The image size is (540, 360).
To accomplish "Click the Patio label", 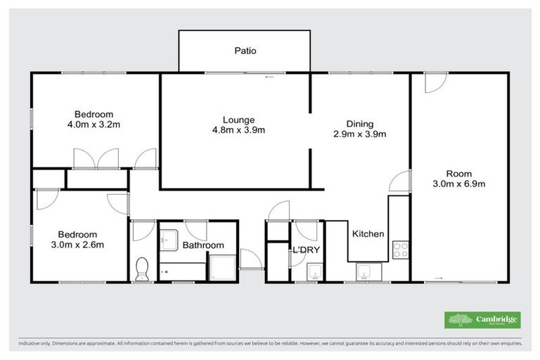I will click(x=245, y=51).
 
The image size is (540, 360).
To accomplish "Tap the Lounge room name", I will click(x=238, y=120).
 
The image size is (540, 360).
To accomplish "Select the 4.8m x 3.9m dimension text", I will click(x=238, y=130).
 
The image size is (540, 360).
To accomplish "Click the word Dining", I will click(x=360, y=123).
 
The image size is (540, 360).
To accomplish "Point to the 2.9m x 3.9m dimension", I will click(x=360, y=134).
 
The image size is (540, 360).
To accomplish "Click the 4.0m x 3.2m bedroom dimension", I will click(x=95, y=124).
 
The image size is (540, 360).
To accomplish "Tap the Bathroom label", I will click(x=203, y=245).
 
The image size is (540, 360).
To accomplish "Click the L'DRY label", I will click(x=307, y=250).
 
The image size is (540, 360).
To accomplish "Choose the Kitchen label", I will click(x=368, y=234).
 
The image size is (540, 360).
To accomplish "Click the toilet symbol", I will click(x=142, y=268).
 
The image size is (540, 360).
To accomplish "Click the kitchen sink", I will click(x=366, y=271).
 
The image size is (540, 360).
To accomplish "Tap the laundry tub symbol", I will click(x=314, y=271).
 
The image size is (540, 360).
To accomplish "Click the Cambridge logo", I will click(x=482, y=320).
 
